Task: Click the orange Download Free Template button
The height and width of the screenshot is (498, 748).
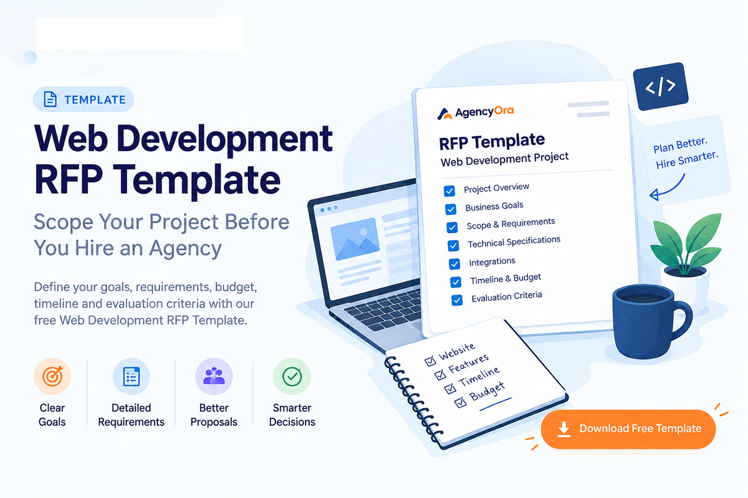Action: pyautogui.click(x=628, y=429)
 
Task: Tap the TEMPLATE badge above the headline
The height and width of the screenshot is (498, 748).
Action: pyautogui.click(x=84, y=100)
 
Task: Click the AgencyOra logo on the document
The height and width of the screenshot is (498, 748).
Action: pyautogui.click(x=476, y=113)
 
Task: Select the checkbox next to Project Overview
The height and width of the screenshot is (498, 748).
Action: pyautogui.click(x=449, y=190)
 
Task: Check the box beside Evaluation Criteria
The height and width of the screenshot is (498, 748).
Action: pyautogui.click(x=457, y=300)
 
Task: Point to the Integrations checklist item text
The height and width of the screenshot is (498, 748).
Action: pyautogui.click(x=492, y=262)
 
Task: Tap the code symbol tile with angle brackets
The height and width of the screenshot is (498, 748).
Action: pyautogui.click(x=661, y=86)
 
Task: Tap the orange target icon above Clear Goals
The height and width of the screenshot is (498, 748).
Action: pyautogui.click(x=52, y=377)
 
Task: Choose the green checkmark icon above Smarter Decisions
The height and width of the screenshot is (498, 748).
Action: pyautogui.click(x=292, y=377)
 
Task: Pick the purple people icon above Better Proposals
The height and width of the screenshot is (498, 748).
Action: pyautogui.click(x=214, y=377)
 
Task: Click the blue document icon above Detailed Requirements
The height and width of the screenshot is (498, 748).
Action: pyautogui.click(x=132, y=377)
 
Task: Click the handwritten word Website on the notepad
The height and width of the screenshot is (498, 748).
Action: pyautogui.click(x=457, y=351)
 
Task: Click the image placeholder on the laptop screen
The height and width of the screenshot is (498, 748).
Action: pyautogui.click(x=355, y=238)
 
